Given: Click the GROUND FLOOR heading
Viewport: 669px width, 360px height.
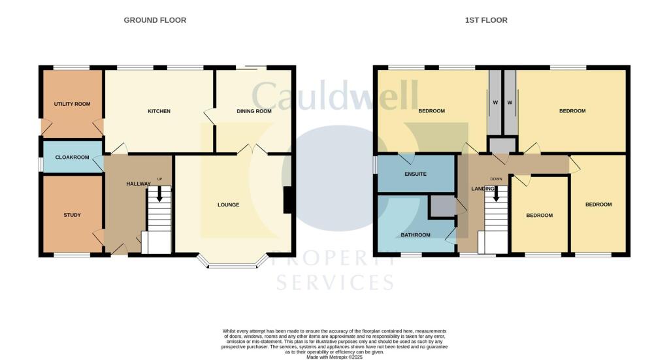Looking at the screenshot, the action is click(155, 20).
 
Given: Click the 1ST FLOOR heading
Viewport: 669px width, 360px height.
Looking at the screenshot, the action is click(486, 20).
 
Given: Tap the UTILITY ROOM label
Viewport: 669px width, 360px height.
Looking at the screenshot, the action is click(72, 104).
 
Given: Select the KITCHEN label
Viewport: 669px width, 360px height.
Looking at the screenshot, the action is click(159, 111).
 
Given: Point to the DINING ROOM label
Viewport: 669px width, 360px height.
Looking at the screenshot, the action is click(254, 111).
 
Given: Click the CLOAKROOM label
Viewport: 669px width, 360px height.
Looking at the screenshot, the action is click(72, 157).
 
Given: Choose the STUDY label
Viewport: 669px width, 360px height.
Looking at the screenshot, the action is click(72, 215).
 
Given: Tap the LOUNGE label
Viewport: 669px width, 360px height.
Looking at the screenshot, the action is click(228, 205).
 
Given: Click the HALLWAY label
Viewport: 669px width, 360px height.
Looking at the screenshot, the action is click(139, 184).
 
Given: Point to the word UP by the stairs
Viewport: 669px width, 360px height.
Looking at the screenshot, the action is click(159, 179).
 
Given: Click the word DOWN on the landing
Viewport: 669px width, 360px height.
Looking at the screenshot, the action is click(497, 179).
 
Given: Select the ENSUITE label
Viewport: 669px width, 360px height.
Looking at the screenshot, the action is click(416, 174).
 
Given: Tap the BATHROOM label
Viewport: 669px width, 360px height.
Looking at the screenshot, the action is click(416, 235).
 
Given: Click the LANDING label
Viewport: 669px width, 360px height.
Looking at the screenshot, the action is click(483, 189).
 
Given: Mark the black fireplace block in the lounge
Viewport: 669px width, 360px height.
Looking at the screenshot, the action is click(288, 200).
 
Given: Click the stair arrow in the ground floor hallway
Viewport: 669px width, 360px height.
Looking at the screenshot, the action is click(159, 193).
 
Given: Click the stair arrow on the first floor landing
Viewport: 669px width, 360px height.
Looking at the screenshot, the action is click(497, 193).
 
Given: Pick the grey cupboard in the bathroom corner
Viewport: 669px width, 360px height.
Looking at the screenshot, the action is click(442, 207).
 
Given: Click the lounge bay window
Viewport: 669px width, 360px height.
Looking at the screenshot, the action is click(233, 261).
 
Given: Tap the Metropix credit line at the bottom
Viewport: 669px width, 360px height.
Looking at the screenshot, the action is click(334, 357).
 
